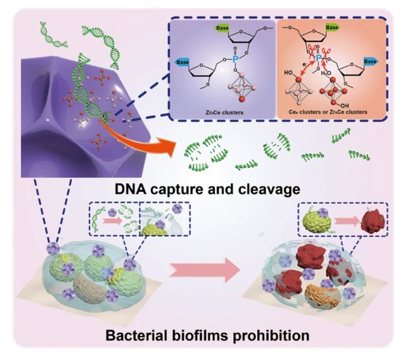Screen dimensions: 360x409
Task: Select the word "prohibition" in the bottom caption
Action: pyautogui.click(x=269, y=336)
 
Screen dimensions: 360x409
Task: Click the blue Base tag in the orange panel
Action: pyautogui.click(x=371, y=61)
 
